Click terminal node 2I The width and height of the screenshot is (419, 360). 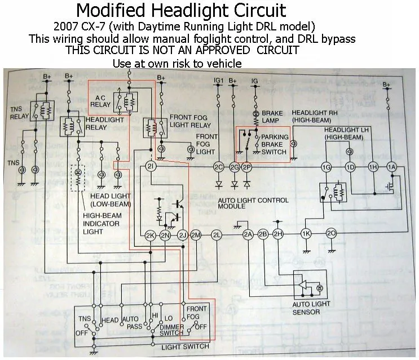[x=150, y=167]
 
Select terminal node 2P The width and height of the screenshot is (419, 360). [x=246, y=167]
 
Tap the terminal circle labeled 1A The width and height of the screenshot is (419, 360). [x=391, y=167]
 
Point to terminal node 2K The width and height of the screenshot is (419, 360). [x=150, y=234]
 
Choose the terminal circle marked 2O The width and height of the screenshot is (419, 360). [x=332, y=234]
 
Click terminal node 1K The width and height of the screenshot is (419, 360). [x=306, y=234]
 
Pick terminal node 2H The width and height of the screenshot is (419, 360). [x=277, y=234]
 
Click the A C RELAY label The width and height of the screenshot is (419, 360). [x=101, y=100]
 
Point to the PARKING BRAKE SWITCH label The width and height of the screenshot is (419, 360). [x=275, y=144]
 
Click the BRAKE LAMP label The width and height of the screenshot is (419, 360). [x=272, y=117]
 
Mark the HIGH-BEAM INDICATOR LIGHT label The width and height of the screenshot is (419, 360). [x=101, y=224]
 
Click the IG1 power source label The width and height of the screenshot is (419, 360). [x=219, y=81]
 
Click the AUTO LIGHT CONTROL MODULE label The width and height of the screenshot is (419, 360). [x=253, y=203]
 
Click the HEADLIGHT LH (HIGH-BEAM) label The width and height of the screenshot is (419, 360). [x=346, y=134]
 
